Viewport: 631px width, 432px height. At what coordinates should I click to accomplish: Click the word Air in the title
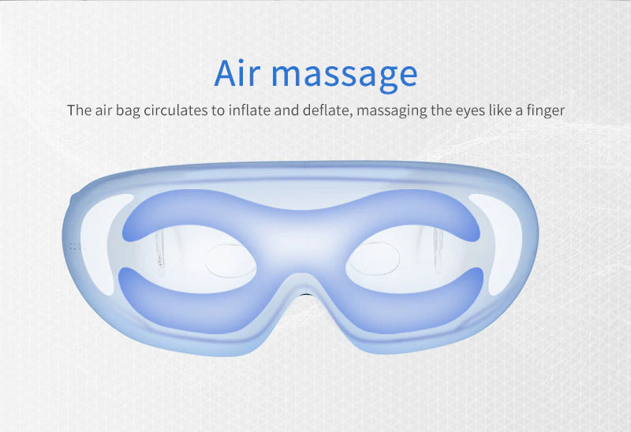pos(237,73)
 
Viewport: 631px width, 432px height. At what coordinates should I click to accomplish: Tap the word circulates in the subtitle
pos(175,110)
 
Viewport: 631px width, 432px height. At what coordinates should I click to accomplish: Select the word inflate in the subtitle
pos(249,110)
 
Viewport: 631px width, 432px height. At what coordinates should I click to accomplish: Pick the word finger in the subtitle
pos(544,110)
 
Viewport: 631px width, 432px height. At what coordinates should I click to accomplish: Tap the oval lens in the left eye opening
pos(230,262)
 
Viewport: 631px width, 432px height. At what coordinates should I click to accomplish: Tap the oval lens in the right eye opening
pos(374,259)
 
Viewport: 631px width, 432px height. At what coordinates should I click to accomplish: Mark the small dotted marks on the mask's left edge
pos(74,246)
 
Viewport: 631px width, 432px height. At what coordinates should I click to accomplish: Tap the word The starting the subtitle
pos(80,110)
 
